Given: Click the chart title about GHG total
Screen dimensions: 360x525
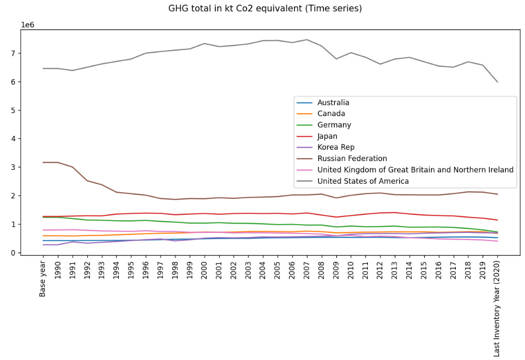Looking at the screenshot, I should coord(265,9).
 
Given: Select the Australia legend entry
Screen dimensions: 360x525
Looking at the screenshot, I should coord(333,103).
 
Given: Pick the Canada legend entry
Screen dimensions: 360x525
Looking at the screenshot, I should coord(331,114).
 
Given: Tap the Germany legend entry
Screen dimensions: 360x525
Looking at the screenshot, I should coord(334,125).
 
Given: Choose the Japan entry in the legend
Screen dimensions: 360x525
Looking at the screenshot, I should coord(328,136).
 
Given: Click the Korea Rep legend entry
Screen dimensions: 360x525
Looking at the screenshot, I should coord(336,147).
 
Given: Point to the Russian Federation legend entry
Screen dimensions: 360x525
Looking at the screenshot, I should coord(352,159).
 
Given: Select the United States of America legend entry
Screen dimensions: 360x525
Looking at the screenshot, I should coord(363,181).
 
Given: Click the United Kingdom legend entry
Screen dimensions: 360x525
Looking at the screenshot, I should coord(415,170).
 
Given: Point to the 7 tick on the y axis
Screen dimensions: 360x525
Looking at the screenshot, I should coord(14,53).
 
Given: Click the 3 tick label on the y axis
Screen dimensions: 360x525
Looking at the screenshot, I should coord(14,167).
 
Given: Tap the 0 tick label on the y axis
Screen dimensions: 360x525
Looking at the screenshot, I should coord(14,253).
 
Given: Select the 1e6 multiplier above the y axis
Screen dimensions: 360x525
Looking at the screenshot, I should coord(28,25).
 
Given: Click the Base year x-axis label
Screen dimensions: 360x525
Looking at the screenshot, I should coord(43,278).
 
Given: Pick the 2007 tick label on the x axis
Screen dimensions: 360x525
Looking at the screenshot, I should coord(307,271).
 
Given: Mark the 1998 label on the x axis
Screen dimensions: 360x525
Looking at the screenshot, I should coord(175,271).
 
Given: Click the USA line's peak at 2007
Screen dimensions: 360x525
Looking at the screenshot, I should coord(307,40).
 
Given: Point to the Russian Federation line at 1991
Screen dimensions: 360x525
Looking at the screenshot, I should coord(72,167).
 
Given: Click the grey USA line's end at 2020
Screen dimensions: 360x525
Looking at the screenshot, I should coord(497,82).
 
